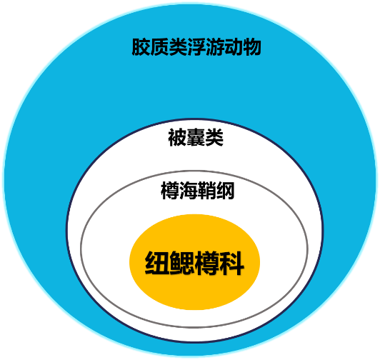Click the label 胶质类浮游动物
196,47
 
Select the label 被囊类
196,137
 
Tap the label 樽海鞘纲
198,190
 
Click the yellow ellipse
195,262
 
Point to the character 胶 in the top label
141,47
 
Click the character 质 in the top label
159,47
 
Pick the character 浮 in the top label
196,47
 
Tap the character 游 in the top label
215,47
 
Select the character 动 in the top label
234,47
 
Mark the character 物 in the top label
252,47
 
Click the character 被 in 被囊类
177,137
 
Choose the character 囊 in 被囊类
196,137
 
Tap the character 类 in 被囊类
214,137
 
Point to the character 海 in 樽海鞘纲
189,190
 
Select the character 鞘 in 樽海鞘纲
206,190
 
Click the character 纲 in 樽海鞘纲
226,190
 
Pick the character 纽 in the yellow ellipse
157,263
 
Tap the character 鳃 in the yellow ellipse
182,263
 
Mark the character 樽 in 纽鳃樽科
207,263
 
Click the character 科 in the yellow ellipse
232,263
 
